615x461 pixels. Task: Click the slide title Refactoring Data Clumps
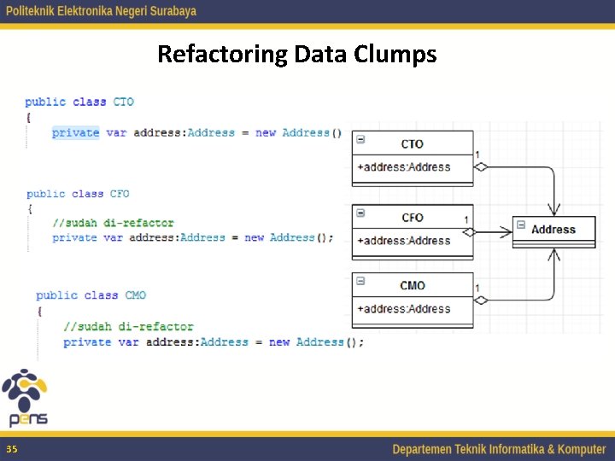(x=296, y=55)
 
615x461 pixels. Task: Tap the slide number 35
(x=11, y=449)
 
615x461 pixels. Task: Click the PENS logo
(x=26, y=398)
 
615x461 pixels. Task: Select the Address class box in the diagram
(x=553, y=230)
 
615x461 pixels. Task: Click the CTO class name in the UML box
(x=413, y=143)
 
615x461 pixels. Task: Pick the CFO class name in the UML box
(x=413, y=218)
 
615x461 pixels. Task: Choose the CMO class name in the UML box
(x=413, y=286)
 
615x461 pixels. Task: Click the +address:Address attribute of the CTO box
(x=404, y=166)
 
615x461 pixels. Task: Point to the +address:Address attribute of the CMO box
(x=404, y=309)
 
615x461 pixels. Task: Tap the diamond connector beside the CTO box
(x=481, y=167)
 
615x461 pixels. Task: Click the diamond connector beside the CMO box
(x=481, y=300)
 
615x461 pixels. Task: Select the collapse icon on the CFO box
(x=360, y=213)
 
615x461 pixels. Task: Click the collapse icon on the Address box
(x=520, y=225)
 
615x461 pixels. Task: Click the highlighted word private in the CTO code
(x=75, y=132)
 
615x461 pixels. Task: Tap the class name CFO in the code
(x=120, y=194)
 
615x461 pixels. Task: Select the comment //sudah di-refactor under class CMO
(x=128, y=326)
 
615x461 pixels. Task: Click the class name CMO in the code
(x=136, y=295)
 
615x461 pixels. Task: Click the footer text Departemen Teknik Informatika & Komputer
(x=499, y=449)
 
